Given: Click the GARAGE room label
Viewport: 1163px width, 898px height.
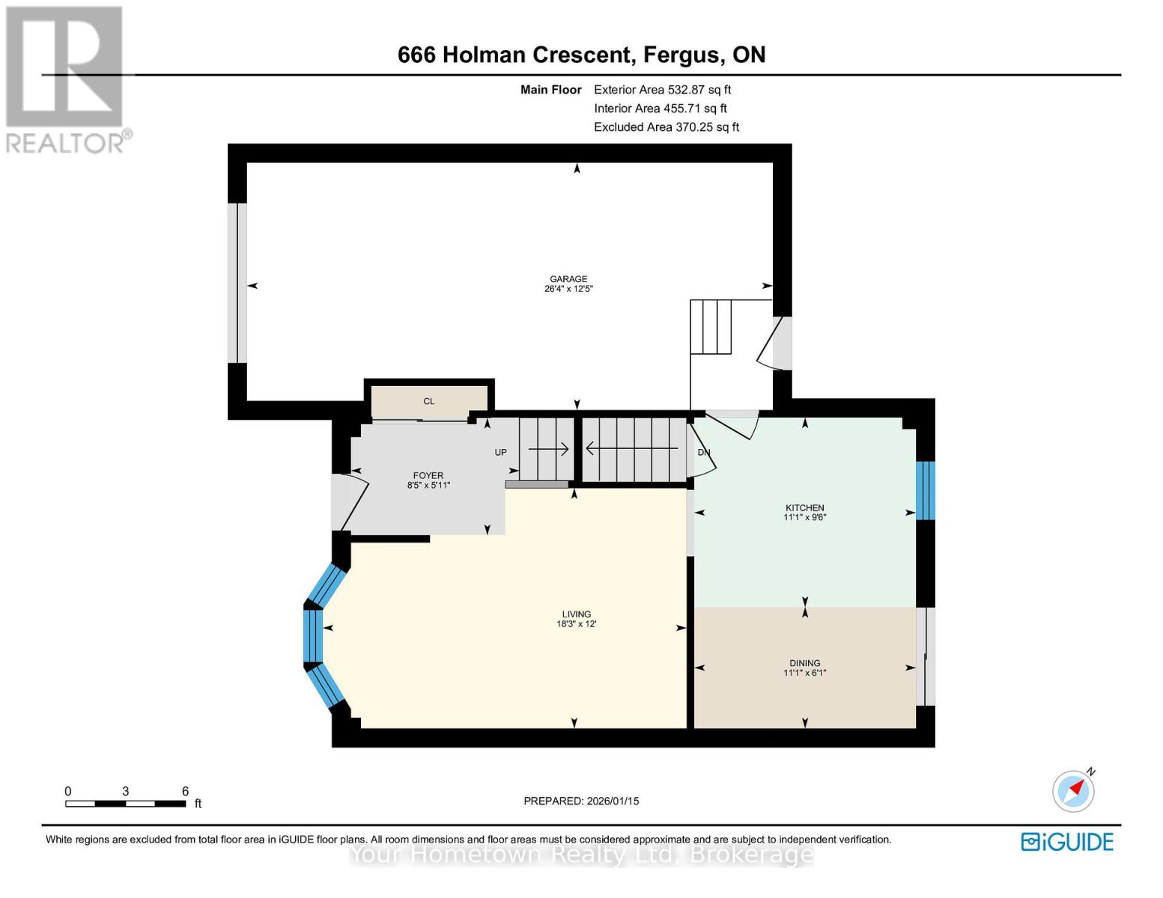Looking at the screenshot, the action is point(568,278).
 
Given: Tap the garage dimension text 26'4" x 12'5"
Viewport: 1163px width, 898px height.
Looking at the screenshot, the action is point(568,289).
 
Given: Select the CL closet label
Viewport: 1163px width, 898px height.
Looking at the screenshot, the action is point(428,401).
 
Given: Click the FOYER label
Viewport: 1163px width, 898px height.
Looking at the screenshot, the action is point(428,475).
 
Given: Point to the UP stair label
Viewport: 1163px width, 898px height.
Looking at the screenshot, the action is point(500,453).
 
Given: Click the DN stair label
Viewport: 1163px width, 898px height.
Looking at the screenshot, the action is point(703,453).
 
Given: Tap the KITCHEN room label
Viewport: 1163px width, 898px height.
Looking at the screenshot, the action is point(804,507).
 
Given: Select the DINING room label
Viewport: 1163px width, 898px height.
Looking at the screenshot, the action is point(804,663).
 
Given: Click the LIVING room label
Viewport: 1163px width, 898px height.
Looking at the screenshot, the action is point(577,614).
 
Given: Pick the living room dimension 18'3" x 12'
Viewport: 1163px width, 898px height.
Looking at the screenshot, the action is point(577,624).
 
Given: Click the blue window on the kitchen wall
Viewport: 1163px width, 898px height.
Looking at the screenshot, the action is point(926,490).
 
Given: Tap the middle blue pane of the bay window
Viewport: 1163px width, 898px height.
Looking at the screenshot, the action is point(313,636).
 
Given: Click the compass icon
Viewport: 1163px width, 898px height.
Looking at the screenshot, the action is point(1073,790).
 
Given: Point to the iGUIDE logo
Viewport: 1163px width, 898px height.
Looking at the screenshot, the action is point(1067,842).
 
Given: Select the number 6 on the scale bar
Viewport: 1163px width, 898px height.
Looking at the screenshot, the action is point(185,791).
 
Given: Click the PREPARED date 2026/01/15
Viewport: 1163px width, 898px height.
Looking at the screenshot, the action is point(613,801).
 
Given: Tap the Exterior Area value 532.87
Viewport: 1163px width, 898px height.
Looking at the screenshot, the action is point(689,90).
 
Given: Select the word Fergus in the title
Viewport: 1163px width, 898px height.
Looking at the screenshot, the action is point(681,55).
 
